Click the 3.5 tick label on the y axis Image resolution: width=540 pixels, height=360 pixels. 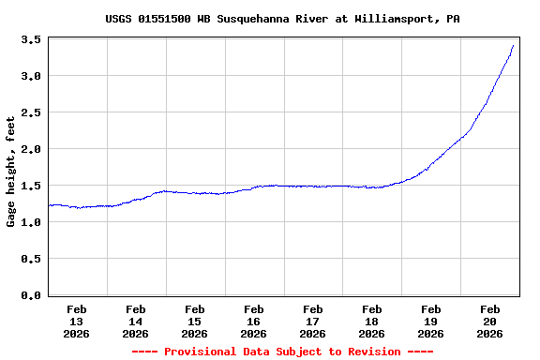click(30, 39)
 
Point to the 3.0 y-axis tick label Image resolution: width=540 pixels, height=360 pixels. click(30, 76)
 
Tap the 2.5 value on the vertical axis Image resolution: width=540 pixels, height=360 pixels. click(30, 112)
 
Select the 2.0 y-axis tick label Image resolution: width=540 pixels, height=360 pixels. click(30, 149)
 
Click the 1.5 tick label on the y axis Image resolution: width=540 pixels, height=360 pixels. click(30, 186)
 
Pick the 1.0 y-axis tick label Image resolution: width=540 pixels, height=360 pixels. click(30, 222)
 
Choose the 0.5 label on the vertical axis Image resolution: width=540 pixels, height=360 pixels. click(30, 259)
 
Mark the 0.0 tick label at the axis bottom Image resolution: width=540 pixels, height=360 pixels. click(30, 295)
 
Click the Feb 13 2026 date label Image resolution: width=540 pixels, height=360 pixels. click(77, 321)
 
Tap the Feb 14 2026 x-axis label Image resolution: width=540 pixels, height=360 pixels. click(136, 321)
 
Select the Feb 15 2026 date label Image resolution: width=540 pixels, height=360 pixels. click(195, 321)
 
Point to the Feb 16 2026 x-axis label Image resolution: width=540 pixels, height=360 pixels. click(254, 321)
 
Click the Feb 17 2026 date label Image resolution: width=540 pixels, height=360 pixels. click(313, 321)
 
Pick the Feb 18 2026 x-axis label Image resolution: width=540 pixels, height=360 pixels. click(372, 321)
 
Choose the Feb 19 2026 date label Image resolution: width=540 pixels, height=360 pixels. click(431, 321)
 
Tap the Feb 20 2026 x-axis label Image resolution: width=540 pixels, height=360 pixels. click(490, 321)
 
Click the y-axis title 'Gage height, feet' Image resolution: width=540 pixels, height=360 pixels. click(11, 172)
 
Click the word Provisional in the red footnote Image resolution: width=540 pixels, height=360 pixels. click(202, 352)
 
